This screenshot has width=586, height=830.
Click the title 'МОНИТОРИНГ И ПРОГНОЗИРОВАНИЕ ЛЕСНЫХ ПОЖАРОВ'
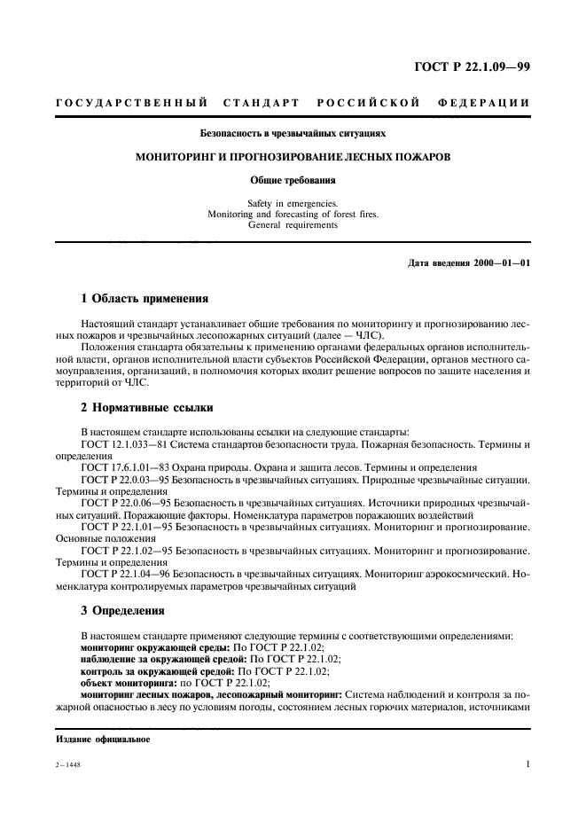(292, 156)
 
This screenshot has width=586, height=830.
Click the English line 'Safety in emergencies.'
(292, 203)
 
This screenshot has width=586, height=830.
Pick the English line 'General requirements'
(292, 224)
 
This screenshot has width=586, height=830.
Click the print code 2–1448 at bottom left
(68, 764)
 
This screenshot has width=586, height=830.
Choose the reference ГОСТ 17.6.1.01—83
(124, 466)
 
